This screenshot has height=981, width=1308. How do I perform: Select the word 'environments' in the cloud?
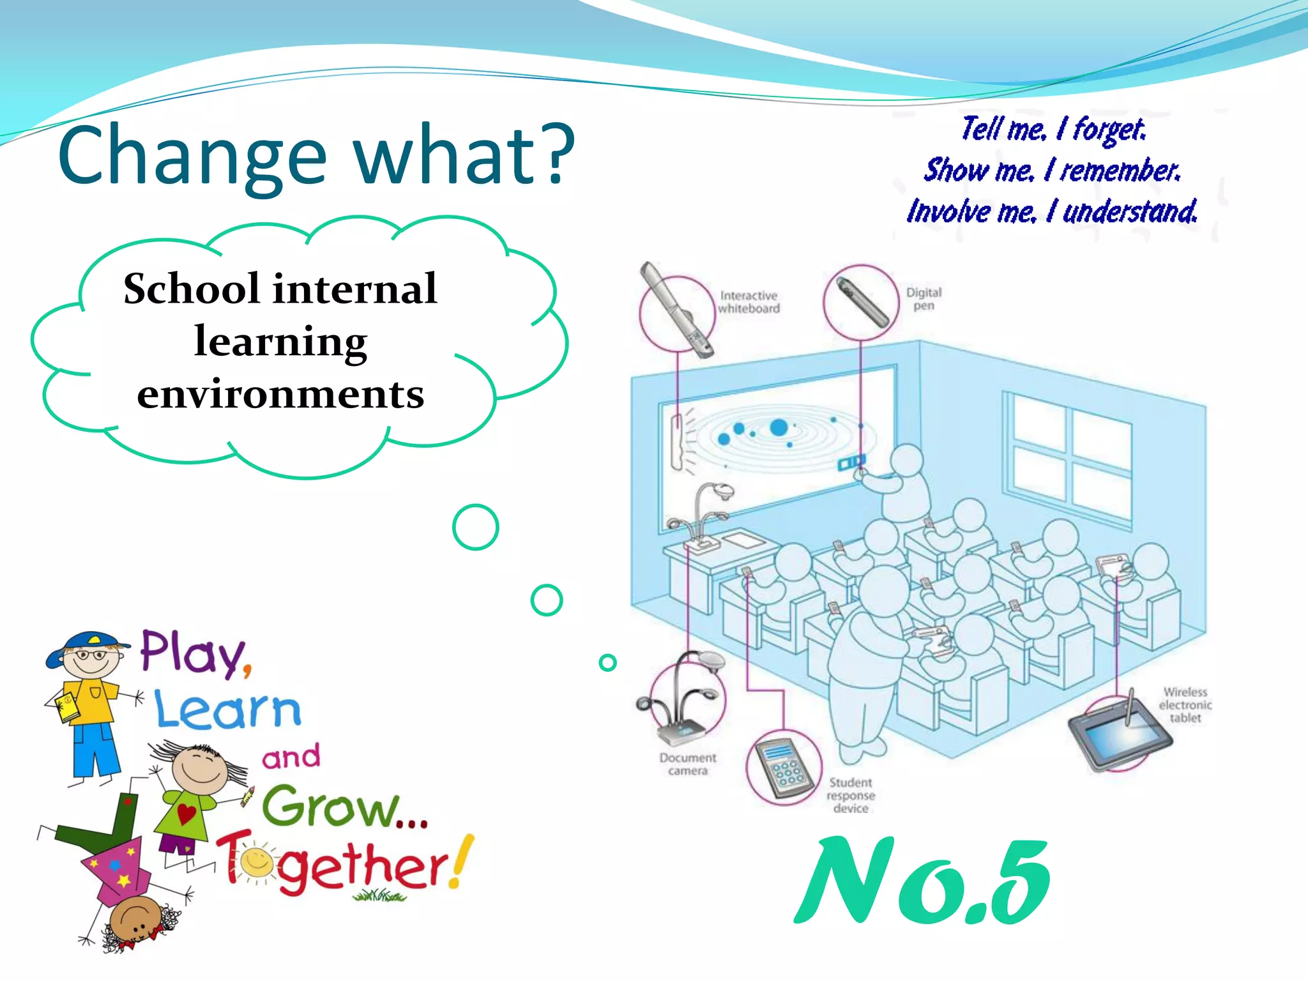[280, 393]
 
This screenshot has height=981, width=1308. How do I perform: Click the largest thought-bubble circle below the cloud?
[475, 528]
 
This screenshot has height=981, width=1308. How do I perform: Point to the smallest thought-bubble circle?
[607, 662]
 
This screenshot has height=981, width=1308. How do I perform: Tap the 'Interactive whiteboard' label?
[749, 302]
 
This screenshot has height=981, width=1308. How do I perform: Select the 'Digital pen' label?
[924, 298]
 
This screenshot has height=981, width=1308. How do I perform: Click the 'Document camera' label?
[687, 764]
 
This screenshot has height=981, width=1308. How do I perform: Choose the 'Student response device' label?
[850, 795]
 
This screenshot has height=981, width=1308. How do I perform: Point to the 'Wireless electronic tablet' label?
[1185, 704]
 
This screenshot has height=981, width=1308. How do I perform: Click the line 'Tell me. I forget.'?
[1053, 130]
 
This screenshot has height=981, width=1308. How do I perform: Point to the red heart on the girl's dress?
[186, 814]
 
